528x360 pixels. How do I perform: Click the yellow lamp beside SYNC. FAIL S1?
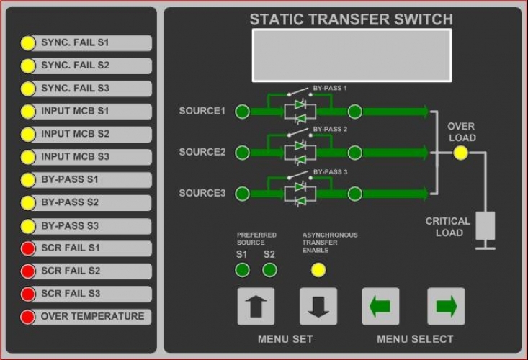coord(28,43)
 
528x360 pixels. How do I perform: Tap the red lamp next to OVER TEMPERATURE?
coord(28,317)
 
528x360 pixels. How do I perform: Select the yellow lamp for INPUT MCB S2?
coord(28,135)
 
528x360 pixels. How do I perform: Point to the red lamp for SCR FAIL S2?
coord(28,271)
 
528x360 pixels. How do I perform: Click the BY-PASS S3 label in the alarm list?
coord(70,225)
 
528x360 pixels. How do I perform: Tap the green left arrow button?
coord(380,307)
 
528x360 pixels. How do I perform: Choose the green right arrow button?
coord(446,307)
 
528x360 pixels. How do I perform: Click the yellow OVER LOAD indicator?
coord(460,153)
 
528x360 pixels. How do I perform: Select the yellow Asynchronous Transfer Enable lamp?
coord(318,270)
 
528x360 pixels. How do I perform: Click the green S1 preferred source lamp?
coord(243,270)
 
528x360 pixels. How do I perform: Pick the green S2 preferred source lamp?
coord(269,270)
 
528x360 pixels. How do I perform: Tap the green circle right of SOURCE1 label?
coord(243,112)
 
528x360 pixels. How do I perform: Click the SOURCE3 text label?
coord(202,193)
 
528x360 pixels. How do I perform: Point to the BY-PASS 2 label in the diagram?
coord(330,130)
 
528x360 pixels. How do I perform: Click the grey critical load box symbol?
coord(485,225)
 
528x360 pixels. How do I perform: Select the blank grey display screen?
coord(352,55)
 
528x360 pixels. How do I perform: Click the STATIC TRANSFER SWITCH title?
coord(352,19)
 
